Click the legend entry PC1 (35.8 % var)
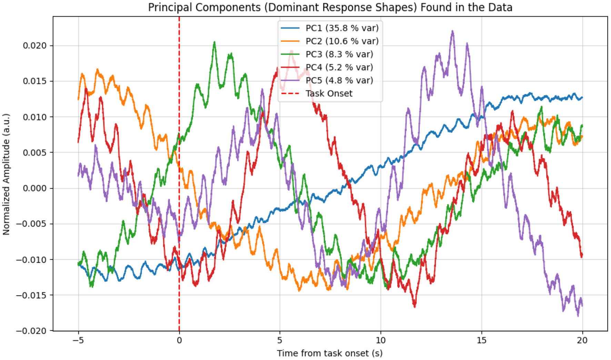[342, 28]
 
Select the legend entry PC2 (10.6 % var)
[342, 41]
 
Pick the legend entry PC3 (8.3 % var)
[339, 54]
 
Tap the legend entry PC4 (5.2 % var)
[339, 67]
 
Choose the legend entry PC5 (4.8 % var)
[339, 80]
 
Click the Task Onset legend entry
[329, 93]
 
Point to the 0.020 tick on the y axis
[34, 46]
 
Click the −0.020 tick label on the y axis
[31, 331]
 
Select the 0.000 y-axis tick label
[34, 188]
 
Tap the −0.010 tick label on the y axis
[31, 260]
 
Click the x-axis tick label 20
[582, 340]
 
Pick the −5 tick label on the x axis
[78, 340]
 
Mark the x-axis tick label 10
[380, 340]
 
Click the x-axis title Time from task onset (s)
[330, 353]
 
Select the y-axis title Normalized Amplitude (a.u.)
[6, 174]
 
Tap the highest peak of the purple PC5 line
[452, 31]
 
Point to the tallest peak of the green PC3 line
[214, 42]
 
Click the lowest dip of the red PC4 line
[414, 306]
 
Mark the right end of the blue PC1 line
[582, 98]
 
